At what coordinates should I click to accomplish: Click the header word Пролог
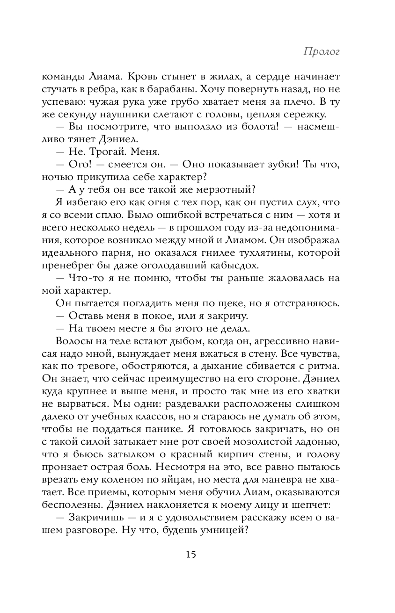(321, 51)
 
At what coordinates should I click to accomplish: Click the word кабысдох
(233, 266)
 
